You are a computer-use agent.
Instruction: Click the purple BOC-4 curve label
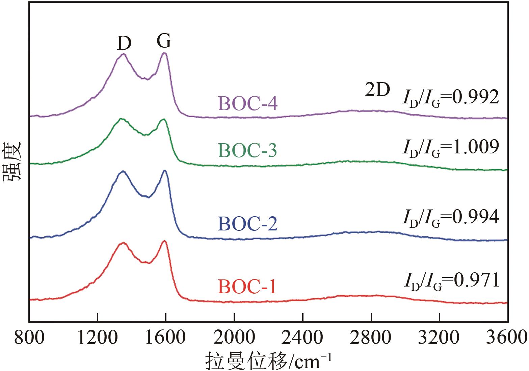[x=248, y=104]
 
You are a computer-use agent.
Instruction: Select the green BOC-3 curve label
[x=248, y=151]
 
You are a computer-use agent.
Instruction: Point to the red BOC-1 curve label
[x=247, y=287]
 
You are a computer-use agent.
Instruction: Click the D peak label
[x=124, y=43]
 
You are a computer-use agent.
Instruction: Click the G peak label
[x=164, y=41]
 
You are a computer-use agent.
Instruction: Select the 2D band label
[x=377, y=90]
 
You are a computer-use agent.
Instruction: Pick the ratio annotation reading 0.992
[x=450, y=98]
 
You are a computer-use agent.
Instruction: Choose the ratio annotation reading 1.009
[x=450, y=147]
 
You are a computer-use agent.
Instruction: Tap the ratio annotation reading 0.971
[x=451, y=281]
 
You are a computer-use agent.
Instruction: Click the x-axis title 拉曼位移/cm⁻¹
[x=268, y=361]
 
